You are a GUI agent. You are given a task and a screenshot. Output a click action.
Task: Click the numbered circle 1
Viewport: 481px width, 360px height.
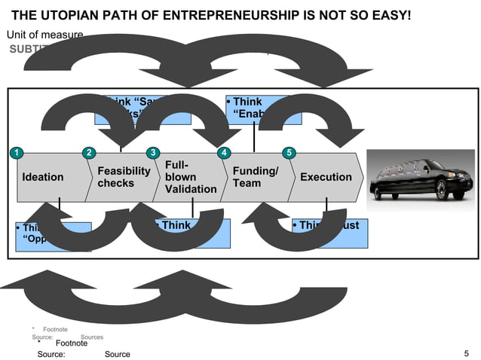[13, 154]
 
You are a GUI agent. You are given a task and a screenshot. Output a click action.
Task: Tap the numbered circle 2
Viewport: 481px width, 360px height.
[89, 154]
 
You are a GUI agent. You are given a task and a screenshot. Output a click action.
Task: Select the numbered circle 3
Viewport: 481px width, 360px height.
[153, 154]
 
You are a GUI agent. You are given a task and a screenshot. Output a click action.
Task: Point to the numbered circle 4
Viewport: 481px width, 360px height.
[223, 154]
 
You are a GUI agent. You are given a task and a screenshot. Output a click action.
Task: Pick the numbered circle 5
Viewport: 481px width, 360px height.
[287, 154]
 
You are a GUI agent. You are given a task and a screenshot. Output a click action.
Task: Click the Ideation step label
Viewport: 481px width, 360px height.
[43, 178]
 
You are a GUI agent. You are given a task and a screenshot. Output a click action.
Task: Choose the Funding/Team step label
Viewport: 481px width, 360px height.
[256, 178]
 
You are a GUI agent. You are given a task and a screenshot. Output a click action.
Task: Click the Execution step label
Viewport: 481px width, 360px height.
[326, 178]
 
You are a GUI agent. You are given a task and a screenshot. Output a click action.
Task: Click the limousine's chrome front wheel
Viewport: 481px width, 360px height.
[452, 191]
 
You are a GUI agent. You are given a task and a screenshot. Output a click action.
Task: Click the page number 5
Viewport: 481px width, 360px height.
[467, 353]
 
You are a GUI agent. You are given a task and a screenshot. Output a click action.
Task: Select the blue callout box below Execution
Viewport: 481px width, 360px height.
[329, 233]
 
